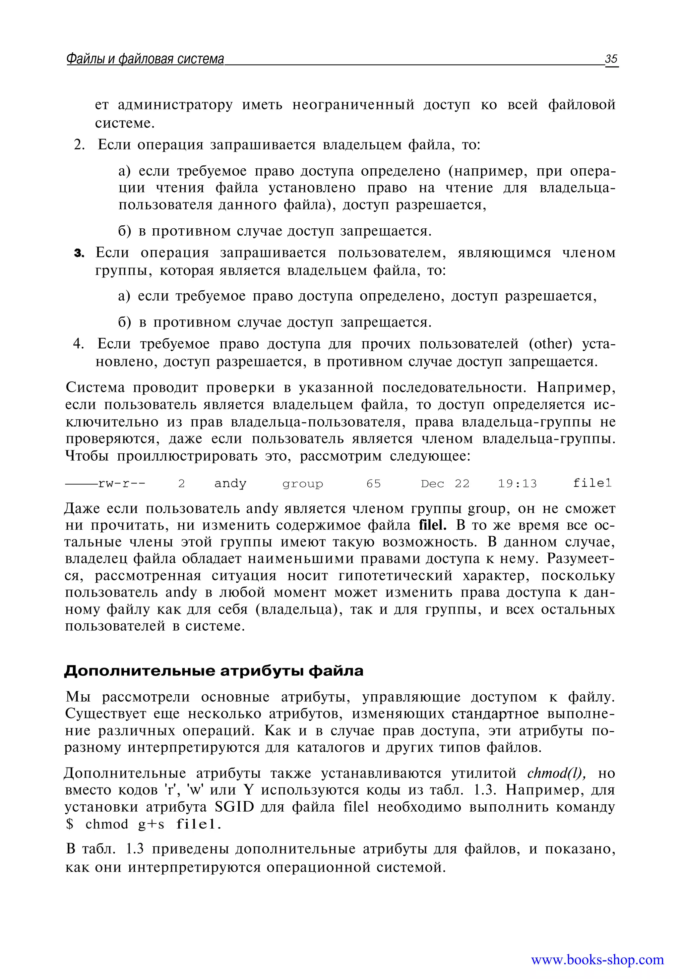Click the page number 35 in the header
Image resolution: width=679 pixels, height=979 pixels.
611,59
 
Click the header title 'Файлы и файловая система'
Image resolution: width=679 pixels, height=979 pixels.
145,59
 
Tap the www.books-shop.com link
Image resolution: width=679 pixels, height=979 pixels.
597,959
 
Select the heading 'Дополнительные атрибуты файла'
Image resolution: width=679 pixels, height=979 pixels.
214,671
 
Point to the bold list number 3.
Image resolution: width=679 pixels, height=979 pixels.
79,253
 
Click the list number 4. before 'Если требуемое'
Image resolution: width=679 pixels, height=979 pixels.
79,343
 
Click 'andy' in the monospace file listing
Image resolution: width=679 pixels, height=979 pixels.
230,483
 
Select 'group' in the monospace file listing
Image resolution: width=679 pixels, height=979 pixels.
302,484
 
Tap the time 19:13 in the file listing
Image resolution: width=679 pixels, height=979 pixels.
517,484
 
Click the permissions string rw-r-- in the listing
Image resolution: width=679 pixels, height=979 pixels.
122,484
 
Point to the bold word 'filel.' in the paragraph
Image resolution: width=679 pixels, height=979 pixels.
432,525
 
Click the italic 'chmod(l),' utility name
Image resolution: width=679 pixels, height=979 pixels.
556,773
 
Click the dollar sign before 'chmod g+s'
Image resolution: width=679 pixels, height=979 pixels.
70,824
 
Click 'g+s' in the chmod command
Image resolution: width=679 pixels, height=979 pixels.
151,824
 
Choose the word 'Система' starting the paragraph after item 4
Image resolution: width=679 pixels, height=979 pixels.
95,387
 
